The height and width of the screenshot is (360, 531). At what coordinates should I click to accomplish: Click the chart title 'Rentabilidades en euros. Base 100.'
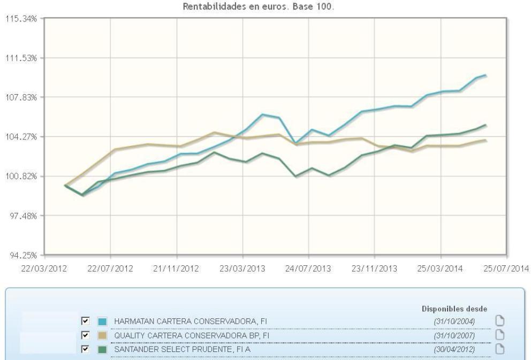[x=266, y=7]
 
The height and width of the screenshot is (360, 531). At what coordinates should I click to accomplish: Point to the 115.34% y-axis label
[x=20, y=19]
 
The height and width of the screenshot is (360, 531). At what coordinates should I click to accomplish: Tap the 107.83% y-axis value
[x=20, y=97]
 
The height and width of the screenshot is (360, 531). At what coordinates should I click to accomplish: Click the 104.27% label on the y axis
[x=20, y=137]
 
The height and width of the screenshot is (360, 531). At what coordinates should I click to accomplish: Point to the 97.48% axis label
[x=22, y=216]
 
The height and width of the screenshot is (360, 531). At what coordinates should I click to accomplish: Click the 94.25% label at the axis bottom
[x=22, y=255]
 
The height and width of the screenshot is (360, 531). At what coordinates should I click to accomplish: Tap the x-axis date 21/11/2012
[x=176, y=269]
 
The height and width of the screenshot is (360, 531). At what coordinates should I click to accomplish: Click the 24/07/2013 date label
[x=308, y=269]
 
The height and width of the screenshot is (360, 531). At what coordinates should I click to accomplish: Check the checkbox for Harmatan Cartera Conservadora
[x=85, y=321]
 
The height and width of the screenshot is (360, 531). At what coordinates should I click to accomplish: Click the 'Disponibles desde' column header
[x=454, y=309]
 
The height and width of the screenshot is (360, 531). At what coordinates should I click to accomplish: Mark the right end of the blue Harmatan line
[x=486, y=75]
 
